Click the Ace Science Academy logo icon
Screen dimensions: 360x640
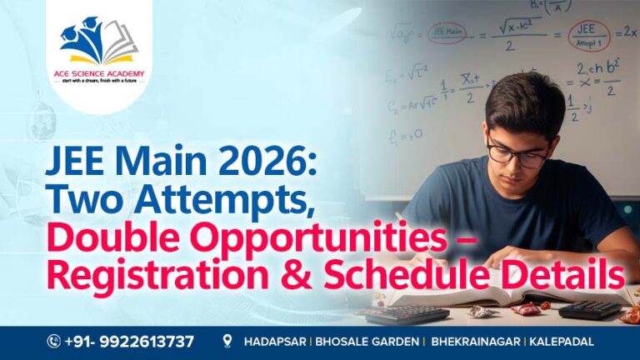click(x=98, y=42)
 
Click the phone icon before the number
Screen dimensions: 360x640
click(x=54, y=342)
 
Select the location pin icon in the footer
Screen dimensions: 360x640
click(x=227, y=342)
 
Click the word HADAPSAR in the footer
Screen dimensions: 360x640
click(x=272, y=342)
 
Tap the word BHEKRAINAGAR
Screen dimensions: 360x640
click(x=477, y=342)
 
